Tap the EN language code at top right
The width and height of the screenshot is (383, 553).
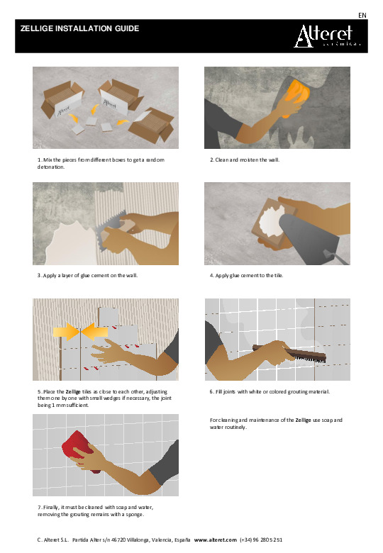coord(362,16)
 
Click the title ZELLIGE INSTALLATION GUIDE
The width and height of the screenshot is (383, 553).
coord(79,28)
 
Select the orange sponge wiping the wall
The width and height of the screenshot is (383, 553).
coord(296,94)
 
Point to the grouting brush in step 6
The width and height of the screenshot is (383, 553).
coord(289,352)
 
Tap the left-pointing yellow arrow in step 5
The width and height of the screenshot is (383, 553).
coord(94,332)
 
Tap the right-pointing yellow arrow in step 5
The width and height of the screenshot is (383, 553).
coord(66,332)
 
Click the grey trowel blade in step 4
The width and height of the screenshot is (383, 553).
coord(308,239)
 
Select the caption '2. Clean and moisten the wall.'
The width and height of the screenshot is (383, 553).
coord(245,160)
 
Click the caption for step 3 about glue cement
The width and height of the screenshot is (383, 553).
coord(87,276)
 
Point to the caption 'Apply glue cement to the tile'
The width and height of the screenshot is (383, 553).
coord(247,276)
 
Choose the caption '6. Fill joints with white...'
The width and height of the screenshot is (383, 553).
coord(270,391)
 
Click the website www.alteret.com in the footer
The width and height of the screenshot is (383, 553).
coord(215,540)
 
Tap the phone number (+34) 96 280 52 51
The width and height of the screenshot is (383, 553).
coord(261,540)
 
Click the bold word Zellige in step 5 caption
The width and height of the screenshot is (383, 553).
coord(73,391)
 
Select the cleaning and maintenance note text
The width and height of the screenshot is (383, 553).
coord(276,423)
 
